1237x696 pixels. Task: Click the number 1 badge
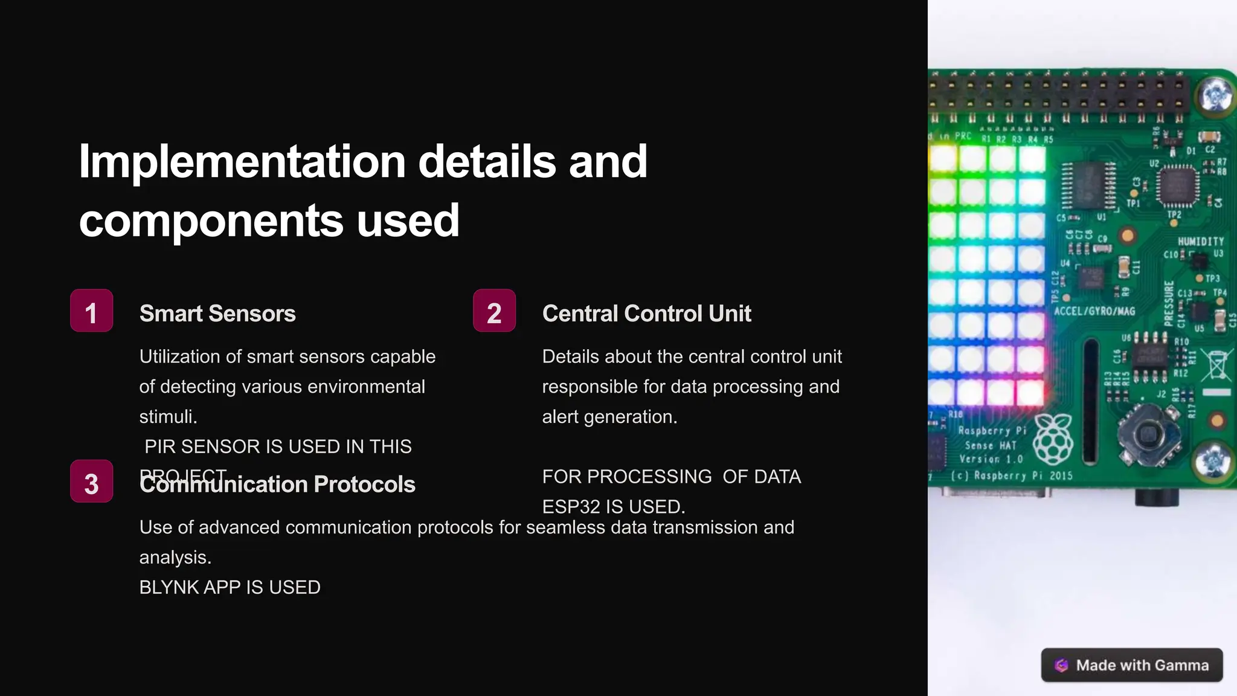(x=91, y=311)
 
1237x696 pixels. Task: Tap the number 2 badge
(x=494, y=311)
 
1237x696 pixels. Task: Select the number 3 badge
(x=91, y=482)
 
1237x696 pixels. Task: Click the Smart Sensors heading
(x=217, y=314)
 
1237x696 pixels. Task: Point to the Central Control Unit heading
(x=646, y=314)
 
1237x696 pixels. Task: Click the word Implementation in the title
(x=242, y=162)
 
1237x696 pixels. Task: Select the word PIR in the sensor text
(x=160, y=446)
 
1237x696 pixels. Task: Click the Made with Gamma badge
(x=1132, y=665)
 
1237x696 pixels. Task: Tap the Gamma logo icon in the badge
(x=1061, y=665)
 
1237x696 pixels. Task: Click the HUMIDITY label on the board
(x=1200, y=242)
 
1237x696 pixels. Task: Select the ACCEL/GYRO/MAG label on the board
(x=1094, y=311)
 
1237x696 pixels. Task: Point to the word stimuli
(x=168, y=417)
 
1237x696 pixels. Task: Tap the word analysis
(x=175, y=557)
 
